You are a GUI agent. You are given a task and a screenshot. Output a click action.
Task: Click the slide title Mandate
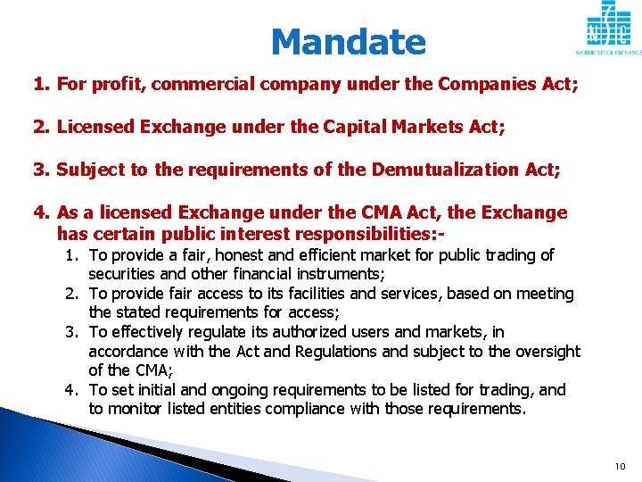coord(348,42)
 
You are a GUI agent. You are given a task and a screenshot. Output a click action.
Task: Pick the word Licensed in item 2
coord(93,128)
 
